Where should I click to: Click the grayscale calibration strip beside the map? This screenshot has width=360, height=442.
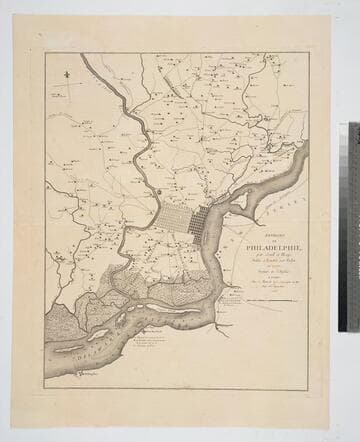coord(352,226)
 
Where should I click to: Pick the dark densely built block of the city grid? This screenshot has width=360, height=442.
coord(199,218)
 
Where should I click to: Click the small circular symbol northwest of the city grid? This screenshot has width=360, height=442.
coord(158,187)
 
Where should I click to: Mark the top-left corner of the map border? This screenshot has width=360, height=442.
coord(45,54)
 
